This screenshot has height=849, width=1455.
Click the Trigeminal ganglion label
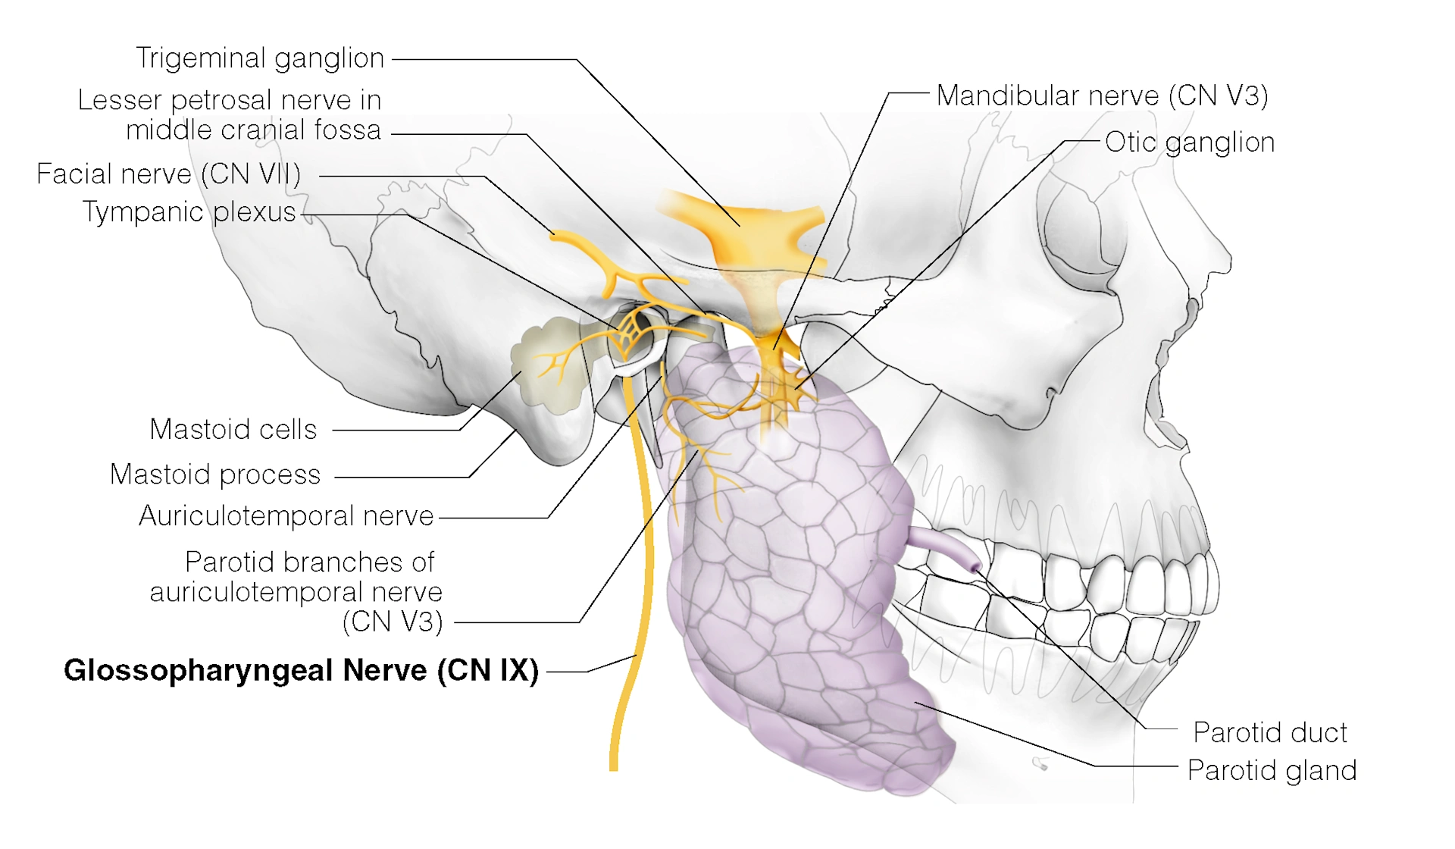(x=260, y=58)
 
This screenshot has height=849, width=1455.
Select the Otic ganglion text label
(x=1189, y=143)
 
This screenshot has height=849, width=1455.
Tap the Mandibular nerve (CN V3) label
(x=1102, y=96)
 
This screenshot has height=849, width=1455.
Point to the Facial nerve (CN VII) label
(x=168, y=174)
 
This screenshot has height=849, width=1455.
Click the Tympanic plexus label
(x=189, y=212)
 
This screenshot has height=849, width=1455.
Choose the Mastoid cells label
(x=233, y=430)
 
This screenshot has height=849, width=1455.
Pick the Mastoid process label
(x=215, y=475)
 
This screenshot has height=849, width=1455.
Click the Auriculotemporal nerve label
(x=286, y=516)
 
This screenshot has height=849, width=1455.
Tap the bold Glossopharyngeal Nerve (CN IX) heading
(x=301, y=671)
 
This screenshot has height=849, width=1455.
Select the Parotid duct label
(x=1269, y=733)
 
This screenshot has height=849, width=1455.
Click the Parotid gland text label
(x=1271, y=771)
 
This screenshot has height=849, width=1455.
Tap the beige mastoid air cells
(x=549, y=364)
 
